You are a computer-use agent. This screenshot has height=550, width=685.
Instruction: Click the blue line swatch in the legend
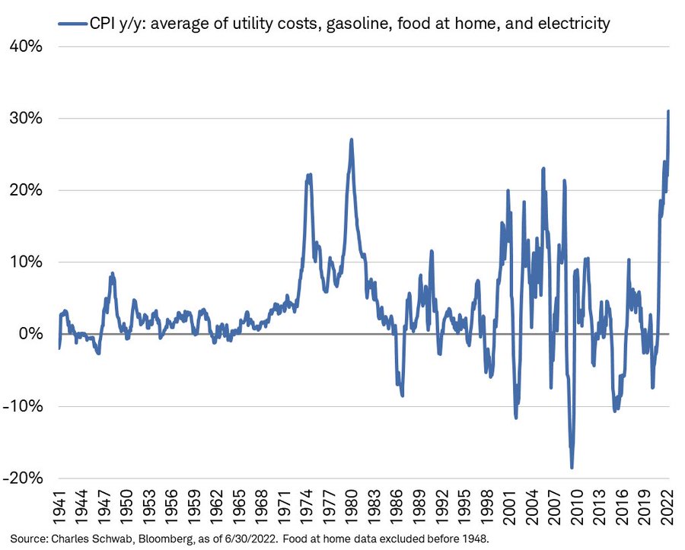[77, 24]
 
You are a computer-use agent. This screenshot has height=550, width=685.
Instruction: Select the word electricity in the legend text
[573, 24]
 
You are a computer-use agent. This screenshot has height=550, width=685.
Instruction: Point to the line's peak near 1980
[352, 140]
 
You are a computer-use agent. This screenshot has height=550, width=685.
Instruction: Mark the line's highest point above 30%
[668, 112]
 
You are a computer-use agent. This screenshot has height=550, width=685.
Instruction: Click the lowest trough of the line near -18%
[572, 467]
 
